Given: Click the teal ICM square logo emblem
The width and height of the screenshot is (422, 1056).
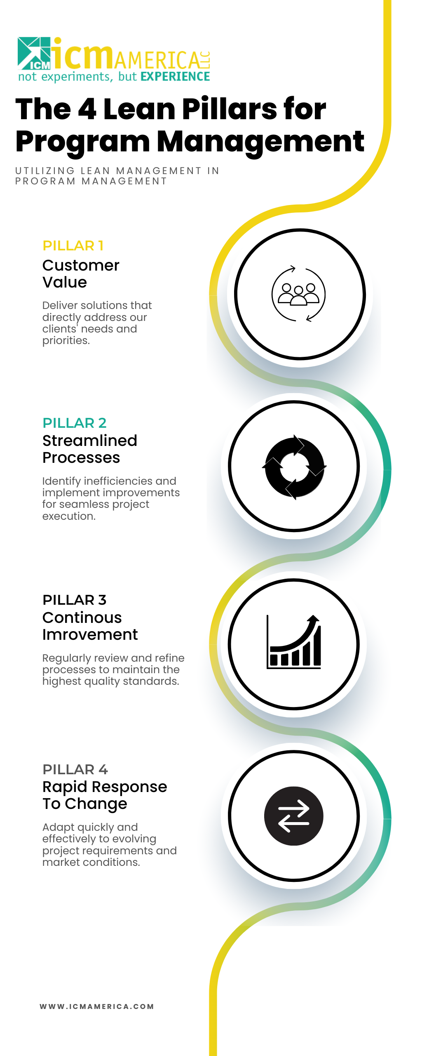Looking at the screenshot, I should [34, 53].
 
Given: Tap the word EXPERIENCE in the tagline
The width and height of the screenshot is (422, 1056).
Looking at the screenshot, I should [175, 77].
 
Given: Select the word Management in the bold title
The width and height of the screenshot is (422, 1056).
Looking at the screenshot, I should [260, 141].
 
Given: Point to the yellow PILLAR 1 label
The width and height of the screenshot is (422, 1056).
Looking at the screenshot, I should [73, 245].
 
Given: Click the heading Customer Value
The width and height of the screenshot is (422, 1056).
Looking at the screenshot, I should [81, 273].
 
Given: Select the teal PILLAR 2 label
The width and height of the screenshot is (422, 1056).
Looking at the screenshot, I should [75, 423].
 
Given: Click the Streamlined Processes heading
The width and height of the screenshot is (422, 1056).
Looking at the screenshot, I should [90, 449].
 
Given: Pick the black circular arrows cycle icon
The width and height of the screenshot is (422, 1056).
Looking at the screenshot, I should [294, 467].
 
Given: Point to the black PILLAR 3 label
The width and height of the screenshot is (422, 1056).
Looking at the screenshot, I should [75, 600].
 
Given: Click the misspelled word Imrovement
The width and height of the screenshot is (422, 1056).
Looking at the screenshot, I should [90, 634].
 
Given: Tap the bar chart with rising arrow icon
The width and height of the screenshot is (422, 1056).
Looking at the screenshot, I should [294, 642].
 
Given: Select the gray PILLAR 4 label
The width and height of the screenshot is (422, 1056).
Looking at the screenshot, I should [75, 769].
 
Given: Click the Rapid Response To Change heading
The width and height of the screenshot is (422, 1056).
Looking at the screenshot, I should [105, 795].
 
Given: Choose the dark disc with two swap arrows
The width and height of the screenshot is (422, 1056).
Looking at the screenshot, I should [294, 816].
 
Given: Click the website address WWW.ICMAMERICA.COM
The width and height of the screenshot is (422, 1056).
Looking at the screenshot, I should [97, 1006].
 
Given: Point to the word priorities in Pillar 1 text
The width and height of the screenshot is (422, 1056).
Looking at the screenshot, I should [66, 341].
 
